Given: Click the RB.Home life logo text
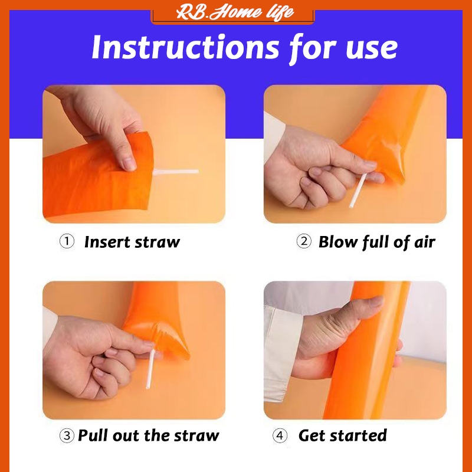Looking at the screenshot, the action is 235,12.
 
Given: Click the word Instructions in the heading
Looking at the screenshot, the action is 185,47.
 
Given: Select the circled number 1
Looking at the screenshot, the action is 67,242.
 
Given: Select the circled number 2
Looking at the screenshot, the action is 304,242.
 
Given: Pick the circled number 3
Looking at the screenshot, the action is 67,435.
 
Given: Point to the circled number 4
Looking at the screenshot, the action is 280,435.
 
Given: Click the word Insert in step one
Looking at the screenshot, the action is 107,242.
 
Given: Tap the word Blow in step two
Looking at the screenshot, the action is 338,242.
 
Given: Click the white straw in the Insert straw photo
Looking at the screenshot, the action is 176,172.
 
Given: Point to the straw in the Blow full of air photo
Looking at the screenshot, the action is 358,190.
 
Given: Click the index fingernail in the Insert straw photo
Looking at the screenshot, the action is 130,164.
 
